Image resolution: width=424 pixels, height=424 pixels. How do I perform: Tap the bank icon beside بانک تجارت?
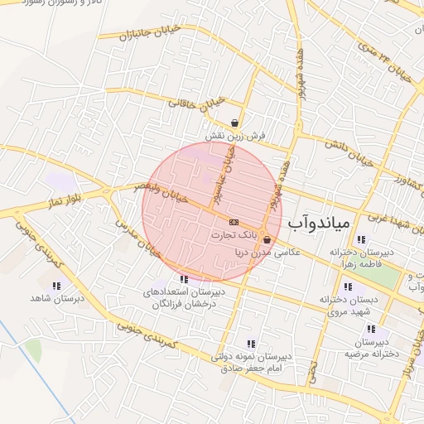(x=233, y=222)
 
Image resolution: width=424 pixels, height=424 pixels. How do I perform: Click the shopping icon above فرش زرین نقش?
(x=236, y=122)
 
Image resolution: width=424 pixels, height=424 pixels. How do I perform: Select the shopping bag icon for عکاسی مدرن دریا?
(x=266, y=240)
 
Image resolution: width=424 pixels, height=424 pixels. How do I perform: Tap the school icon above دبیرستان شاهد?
(x=56, y=286)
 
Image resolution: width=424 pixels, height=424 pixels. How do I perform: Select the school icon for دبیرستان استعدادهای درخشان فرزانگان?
(x=183, y=280)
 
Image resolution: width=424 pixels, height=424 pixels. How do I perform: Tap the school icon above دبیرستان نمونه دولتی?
(x=251, y=344)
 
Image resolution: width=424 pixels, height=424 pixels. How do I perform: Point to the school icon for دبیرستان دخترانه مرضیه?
(x=372, y=330)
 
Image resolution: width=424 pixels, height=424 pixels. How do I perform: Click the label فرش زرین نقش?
(x=235, y=134)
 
